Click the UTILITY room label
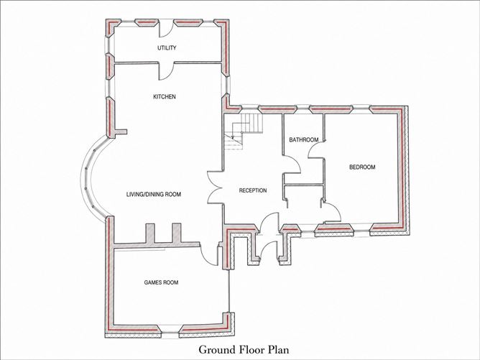[x=167, y=47]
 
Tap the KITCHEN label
[x=165, y=97]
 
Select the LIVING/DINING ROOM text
[x=154, y=195]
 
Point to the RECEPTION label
[x=253, y=190]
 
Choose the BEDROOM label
[x=362, y=167]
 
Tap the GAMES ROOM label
[x=162, y=282]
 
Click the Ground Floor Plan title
[x=244, y=349]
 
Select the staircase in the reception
[x=244, y=131]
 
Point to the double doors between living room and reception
[x=216, y=188]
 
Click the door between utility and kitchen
[x=166, y=71]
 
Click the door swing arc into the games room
[x=208, y=254]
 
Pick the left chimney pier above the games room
[x=150, y=234]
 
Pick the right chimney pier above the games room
[x=177, y=234]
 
